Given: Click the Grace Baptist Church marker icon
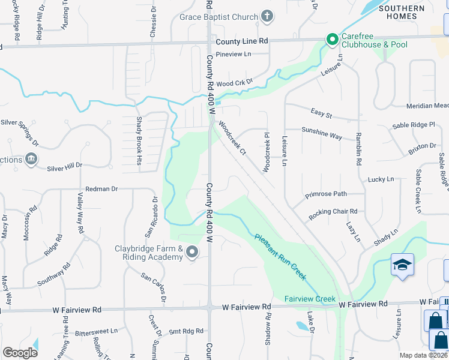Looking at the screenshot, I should point(268,17).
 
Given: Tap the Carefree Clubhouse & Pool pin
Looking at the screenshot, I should point(332,40).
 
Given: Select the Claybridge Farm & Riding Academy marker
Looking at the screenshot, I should point(192,253).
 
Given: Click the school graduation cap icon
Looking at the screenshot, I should point(402,264).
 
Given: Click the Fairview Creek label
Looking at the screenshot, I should point(310,298).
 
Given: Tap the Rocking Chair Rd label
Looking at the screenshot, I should point(333,212).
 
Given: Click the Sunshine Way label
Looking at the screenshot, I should point(322,133).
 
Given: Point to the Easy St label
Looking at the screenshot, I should point(322,113).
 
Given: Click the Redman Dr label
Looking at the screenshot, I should point(102,189).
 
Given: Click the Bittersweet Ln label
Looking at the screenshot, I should point(97,331).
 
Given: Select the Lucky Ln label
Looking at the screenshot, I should point(381,179).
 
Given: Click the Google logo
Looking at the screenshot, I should point(20,353).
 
